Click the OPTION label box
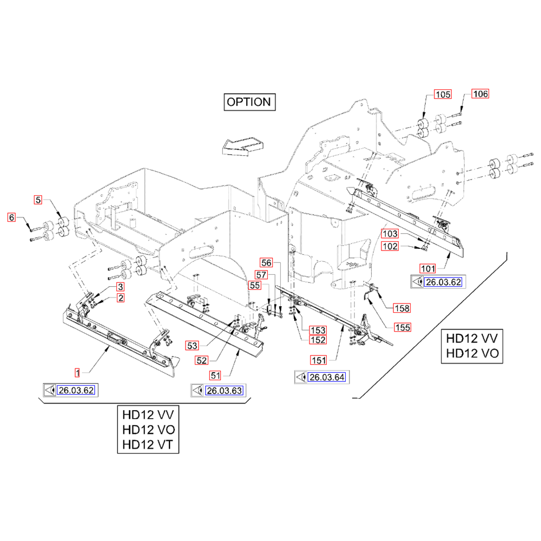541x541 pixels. point(248,102)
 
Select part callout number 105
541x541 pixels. point(443,95)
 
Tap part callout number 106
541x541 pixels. point(480,94)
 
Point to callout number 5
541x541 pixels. point(38,200)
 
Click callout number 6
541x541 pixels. point(11,217)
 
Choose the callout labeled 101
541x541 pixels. point(428,268)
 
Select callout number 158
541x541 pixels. point(401,308)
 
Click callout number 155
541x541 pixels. point(401,327)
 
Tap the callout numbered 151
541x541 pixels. point(318,359)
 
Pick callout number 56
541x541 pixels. point(266,262)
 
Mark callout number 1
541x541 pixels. point(77,372)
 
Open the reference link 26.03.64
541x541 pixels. point(327,378)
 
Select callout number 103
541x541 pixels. point(405,234)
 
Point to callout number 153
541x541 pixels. point(317,329)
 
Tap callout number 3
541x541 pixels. point(121,287)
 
